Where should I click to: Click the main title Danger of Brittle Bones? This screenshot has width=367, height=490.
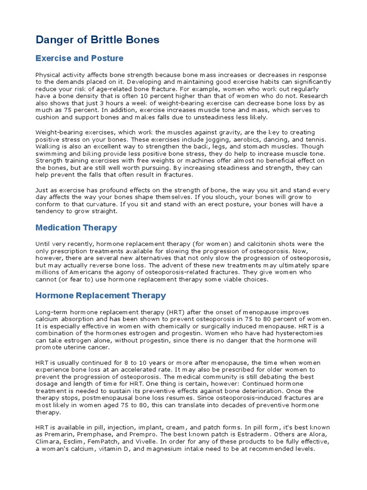(x=97, y=40)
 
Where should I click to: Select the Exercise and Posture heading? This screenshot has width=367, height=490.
(x=79, y=58)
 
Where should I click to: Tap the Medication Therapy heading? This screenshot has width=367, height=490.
(x=76, y=228)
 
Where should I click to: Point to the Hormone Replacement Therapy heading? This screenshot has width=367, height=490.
(x=101, y=295)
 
